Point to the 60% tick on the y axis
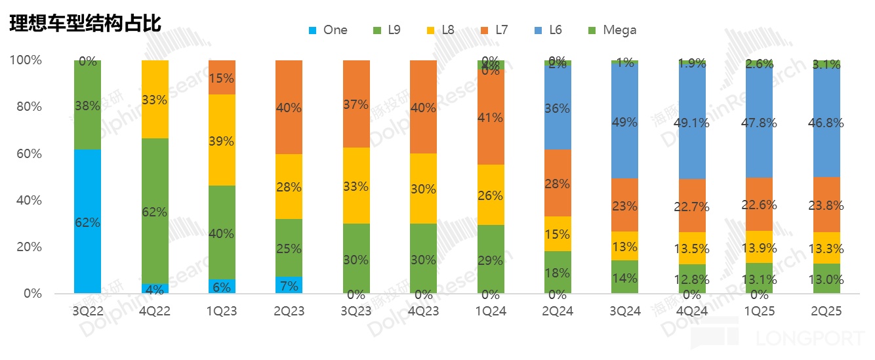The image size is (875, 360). click(28, 153)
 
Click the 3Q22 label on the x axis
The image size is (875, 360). click(87, 311)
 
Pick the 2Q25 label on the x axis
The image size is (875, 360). click(826, 311)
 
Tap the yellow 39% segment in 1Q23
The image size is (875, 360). click(222, 140)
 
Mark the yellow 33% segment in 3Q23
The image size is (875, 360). click(356, 186)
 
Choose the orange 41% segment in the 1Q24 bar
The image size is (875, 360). click(491, 118)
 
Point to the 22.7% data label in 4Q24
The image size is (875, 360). click(691, 207)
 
